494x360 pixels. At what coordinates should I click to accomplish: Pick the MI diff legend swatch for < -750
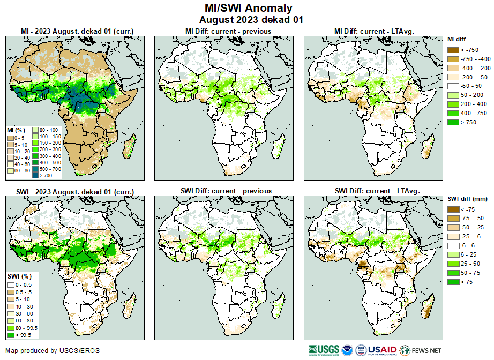(452, 49)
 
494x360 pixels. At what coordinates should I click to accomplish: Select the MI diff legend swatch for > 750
(452, 122)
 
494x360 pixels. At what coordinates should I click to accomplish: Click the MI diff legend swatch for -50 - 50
(452, 86)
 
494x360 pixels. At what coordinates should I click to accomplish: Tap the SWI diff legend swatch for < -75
(452, 209)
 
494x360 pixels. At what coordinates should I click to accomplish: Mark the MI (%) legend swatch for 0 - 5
(10, 138)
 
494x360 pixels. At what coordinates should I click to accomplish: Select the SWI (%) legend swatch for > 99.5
(10, 335)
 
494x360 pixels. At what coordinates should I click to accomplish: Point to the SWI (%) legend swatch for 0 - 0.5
(10, 284)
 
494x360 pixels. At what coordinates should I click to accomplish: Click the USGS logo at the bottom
(323, 350)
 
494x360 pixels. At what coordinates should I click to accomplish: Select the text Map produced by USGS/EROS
(53, 351)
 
